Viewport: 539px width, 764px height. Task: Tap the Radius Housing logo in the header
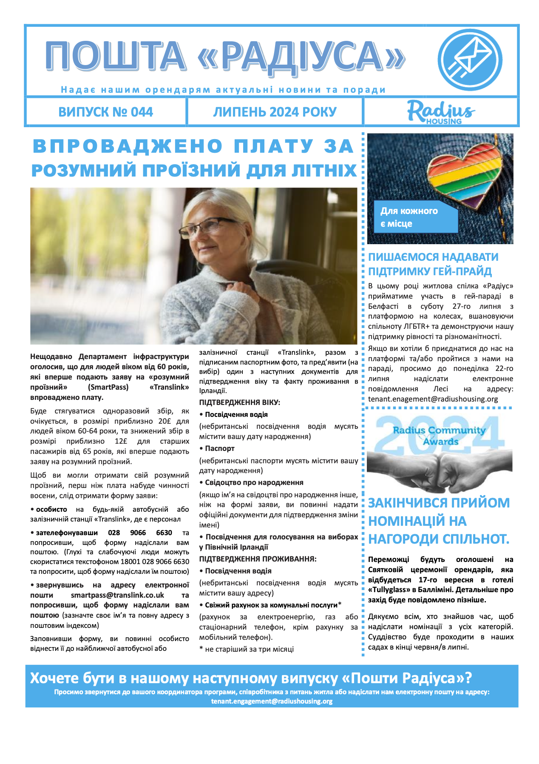(441, 112)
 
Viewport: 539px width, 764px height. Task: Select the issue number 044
(142, 112)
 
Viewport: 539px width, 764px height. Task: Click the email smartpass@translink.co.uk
(117, 595)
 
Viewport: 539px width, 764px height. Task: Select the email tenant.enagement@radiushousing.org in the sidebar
(433, 399)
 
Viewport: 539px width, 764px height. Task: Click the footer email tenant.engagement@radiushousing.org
(272, 701)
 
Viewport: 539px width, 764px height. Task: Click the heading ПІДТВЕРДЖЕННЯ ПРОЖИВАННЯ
(258, 559)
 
